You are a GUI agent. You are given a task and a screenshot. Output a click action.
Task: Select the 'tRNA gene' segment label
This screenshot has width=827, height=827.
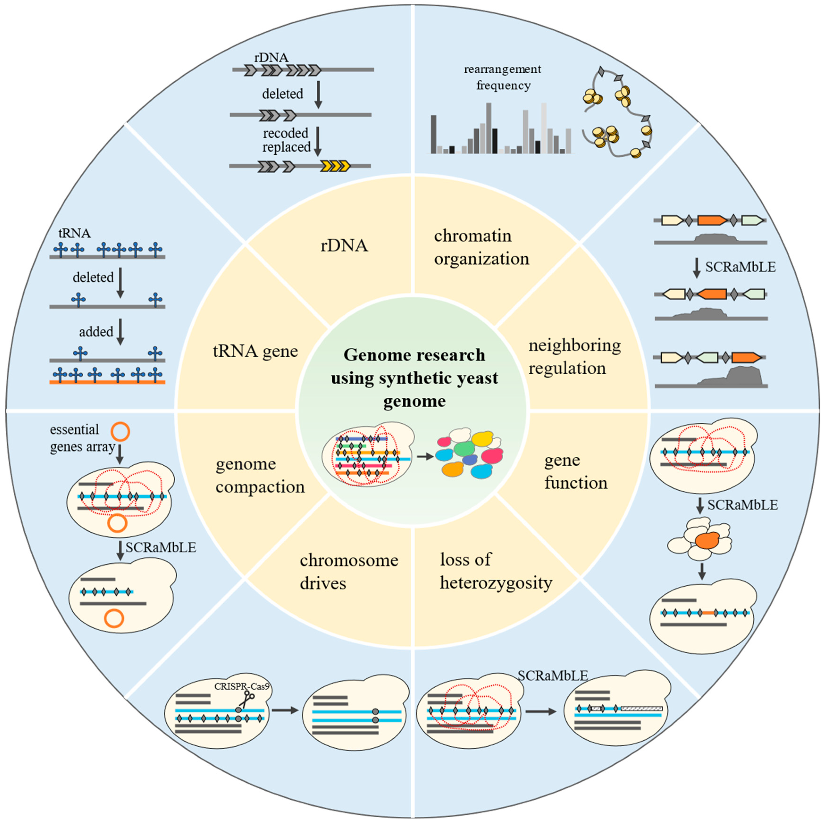pos(255,351)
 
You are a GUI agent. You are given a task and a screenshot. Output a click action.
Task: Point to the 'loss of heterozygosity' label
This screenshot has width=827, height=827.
pos(496,571)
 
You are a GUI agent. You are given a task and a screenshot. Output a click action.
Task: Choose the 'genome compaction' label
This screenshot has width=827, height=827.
pos(260,475)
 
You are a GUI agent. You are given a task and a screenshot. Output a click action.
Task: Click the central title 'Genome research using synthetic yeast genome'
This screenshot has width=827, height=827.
pos(414,378)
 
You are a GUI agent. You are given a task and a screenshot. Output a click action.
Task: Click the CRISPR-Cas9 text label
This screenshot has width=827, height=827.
pos(242,686)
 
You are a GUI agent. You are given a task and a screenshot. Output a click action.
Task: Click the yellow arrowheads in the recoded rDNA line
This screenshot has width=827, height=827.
pos(335,166)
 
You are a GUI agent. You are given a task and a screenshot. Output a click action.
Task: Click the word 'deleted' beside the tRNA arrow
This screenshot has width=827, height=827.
pos(93,277)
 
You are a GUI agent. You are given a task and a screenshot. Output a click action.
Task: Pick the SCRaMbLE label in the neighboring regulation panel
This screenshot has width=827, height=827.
pos(740,267)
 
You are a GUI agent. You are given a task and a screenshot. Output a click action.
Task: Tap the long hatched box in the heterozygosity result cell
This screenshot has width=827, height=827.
pos(641,708)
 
